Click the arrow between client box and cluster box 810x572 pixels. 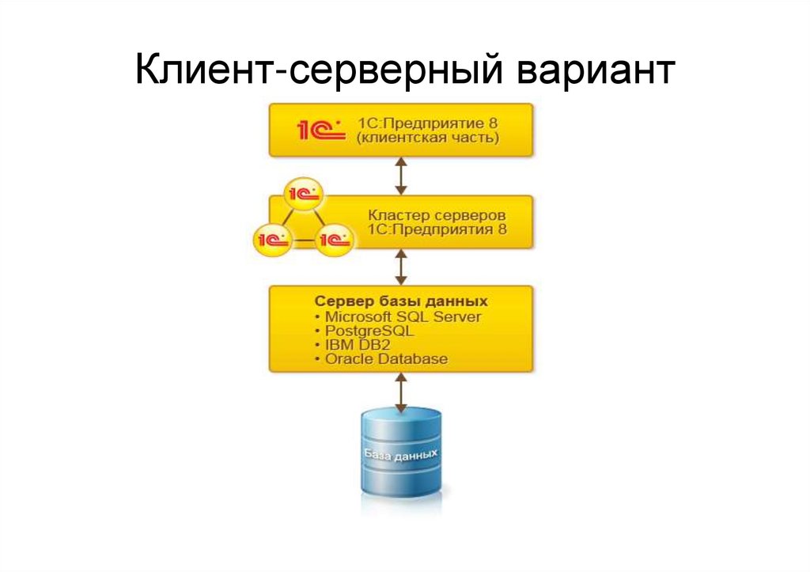pyautogui.click(x=401, y=176)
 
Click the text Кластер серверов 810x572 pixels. pyautogui.click(x=437, y=215)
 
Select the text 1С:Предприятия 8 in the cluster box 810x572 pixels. pyautogui.click(x=437, y=230)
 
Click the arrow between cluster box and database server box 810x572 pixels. pyautogui.click(x=401, y=267)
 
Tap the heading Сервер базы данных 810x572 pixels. pyautogui.click(x=400, y=301)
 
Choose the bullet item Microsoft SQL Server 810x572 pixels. pyautogui.click(x=402, y=316)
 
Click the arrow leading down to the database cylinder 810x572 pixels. pyautogui.click(x=401, y=391)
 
